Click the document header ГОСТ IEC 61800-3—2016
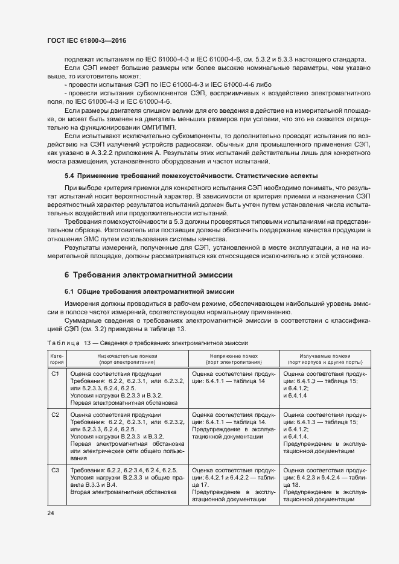pos(87,40)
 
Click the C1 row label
pos(54,374)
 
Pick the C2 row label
pos(54,415)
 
